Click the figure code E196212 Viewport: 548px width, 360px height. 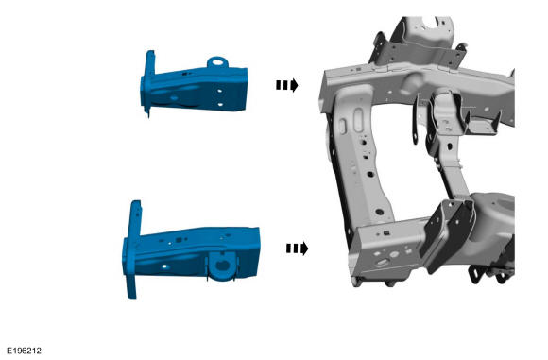pyautogui.click(x=24, y=351)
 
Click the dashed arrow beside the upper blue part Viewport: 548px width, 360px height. pyautogui.click(x=286, y=85)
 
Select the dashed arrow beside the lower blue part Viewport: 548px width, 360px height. pyautogui.click(x=297, y=249)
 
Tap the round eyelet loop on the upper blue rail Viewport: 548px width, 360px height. pyautogui.click(x=217, y=62)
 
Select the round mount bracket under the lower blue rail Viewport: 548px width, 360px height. pyautogui.click(x=222, y=266)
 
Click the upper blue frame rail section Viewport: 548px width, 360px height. pyautogui.click(x=195, y=87)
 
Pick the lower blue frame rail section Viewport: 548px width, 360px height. pyautogui.click(x=192, y=250)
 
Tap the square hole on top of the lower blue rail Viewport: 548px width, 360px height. pyautogui.click(x=179, y=240)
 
